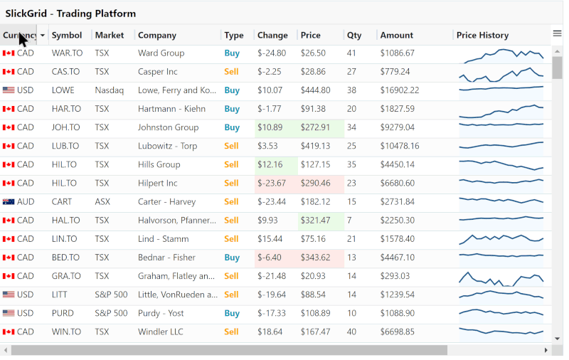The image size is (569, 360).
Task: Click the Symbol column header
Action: tap(67, 35)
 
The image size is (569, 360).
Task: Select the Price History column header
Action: tap(482, 35)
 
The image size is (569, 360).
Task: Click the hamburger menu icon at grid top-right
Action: tap(557, 33)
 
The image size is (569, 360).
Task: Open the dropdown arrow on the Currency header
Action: tap(43, 35)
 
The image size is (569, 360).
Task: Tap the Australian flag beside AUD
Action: tap(9, 202)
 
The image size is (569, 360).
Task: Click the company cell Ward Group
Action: tap(161, 53)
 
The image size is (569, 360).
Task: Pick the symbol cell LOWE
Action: tap(63, 90)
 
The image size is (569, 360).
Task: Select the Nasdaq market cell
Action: tap(110, 90)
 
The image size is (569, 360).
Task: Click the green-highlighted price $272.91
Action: tap(315, 128)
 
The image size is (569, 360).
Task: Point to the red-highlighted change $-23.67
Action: tap(272, 184)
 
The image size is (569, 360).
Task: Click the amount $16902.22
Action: tap(400, 90)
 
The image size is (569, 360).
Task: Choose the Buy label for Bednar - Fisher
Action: tap(232, 258)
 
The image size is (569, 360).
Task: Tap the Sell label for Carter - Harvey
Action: tap(231, 202)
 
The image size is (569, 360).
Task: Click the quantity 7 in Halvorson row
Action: tap(349, 221)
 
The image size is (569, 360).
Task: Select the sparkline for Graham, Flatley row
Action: tap(501, 279)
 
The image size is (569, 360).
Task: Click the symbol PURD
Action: tap(63, 314)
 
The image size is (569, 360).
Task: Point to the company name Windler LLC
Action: tap(161, 332)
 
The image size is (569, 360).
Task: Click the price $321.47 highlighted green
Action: tap(315, 221)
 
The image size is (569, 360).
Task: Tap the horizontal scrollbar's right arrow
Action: tap(546, 350)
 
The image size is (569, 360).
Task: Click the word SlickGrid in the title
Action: tap(26, 14)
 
